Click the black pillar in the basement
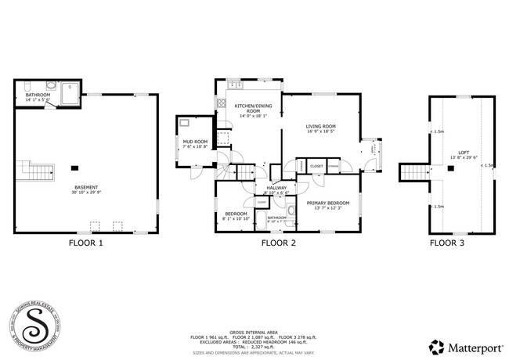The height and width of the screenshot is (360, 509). (75, 167)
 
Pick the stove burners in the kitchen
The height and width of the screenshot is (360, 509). (222, 103)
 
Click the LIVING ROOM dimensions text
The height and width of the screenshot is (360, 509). (321, 131)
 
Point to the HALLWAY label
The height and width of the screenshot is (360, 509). (276, 188)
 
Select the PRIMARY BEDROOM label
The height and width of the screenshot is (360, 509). (327, 203)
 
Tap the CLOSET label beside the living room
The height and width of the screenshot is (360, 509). (316, 166)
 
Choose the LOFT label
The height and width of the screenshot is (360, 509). (464, 152)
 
